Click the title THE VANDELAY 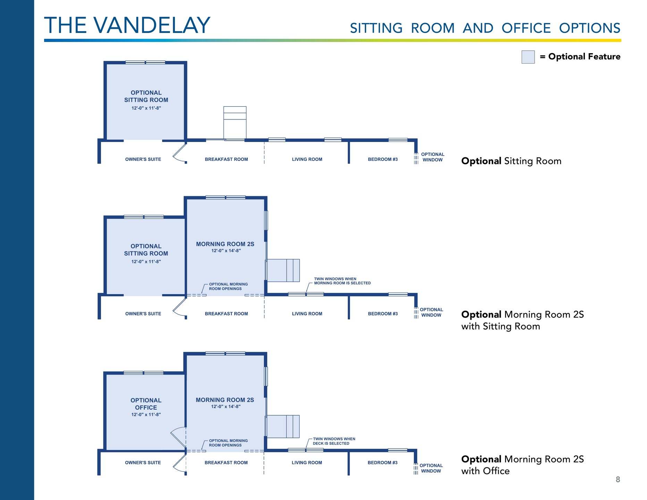pos(127,25)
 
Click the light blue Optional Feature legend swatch pos(528,57)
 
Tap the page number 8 pos(617,480)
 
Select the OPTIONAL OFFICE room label pos(146,404)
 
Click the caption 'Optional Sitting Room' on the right pos(511,161)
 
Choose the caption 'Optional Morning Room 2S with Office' pos(522,465)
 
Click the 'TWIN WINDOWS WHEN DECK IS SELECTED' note pos(334,441)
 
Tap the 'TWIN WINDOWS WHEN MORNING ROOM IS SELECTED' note pos(342,281)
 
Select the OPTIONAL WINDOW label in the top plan pos(432,157)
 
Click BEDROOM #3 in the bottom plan pos(382,462)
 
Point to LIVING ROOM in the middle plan pos(307,314)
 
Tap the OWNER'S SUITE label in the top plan pos(143,159)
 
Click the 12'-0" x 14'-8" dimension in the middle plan pos(226,251)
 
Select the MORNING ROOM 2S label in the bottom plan pos(225,400)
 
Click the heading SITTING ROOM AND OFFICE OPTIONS pos(485,28)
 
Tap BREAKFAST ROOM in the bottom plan pos(226,462)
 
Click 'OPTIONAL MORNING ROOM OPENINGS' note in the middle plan pos(228,286)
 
